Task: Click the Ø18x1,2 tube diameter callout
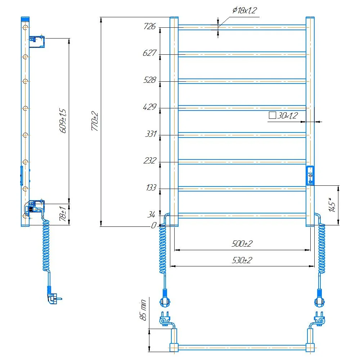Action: click(x=244, y=10)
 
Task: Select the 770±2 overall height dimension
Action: click(x=95, y=121)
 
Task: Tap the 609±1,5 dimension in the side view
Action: click(x=63, y=121)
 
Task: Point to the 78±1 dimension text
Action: click(x=63, y=213)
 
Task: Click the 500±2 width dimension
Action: click(x=242, y=243)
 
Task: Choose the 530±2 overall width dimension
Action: click(x=242, y=260)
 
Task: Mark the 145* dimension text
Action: click(x=332, y=205)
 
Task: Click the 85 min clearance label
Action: click(x=143, y=310)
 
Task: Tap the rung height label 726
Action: click(x=149, y=26)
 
